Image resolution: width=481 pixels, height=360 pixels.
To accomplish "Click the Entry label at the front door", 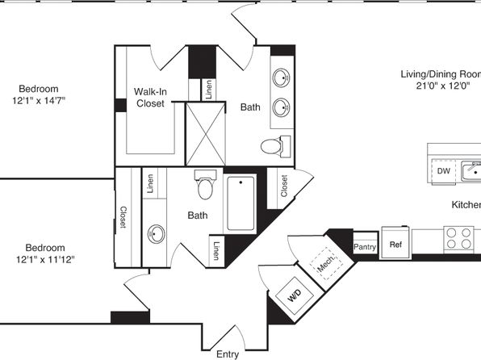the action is [228, 354].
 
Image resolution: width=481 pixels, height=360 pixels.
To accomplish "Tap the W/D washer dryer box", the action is [295, 295].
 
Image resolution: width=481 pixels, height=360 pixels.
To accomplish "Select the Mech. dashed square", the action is [326, 263].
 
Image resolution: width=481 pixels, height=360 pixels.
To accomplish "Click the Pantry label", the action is [365, 247].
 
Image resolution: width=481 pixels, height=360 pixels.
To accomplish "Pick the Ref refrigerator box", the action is [395, 243].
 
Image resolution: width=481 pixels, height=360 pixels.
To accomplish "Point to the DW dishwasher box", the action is [444, 171].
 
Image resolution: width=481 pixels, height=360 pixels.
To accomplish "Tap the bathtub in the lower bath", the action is [240, 203].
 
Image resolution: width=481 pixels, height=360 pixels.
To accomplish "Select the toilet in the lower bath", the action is [206, 185].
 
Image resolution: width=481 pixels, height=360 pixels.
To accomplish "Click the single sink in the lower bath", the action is [156, 234].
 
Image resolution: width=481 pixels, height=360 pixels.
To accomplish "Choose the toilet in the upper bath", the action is [275, 146].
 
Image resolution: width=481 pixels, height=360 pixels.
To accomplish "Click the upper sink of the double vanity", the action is [281, 77].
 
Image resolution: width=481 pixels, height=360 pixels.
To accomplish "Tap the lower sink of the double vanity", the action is [282, 107].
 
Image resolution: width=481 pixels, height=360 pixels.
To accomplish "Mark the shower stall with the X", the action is [206, 135].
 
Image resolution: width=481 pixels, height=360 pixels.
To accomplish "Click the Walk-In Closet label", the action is [150, 98].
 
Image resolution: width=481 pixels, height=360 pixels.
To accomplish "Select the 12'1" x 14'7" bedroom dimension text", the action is [39, 101].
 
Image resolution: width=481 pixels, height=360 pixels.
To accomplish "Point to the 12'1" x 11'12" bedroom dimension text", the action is [45, 260].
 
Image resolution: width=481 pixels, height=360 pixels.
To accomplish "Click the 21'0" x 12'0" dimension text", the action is [443, 86].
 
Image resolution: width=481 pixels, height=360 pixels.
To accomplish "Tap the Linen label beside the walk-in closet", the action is [208, 90].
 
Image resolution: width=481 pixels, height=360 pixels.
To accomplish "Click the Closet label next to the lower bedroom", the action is [123, 217].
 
